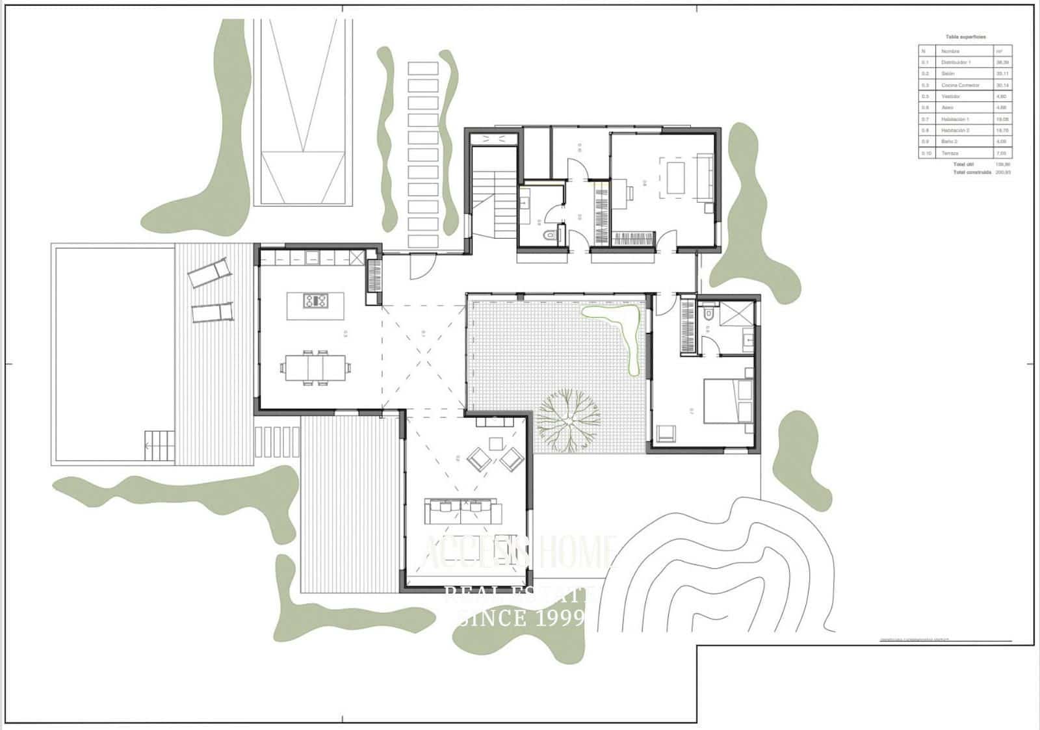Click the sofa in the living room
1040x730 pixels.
click(x=462, y=510)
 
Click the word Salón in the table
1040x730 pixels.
click(x=948, y=74)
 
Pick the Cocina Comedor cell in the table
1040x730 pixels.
click(x=960, y=85)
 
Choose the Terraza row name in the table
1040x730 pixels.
click(x=950, y=153)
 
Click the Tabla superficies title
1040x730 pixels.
click(x=965, y=37)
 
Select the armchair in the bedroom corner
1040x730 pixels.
click(x=666, y=433)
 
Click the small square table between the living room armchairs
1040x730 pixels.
click(x=497, y=444)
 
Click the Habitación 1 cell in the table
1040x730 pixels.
click(x=955, y=120)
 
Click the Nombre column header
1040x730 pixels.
click(x=950, y=51)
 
